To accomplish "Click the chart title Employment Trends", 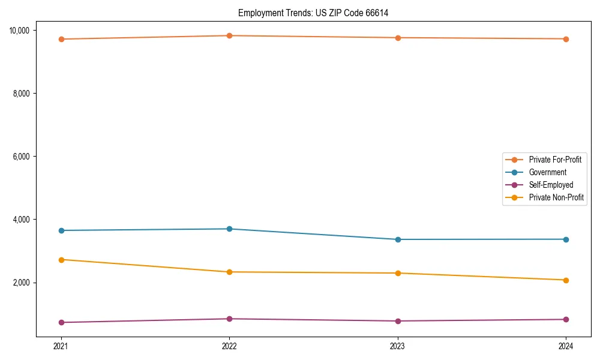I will point(313,13).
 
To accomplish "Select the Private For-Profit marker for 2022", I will point(229,35).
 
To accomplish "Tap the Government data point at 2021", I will point(61,230).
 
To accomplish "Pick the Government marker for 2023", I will point(398,239).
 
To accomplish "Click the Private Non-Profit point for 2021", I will point(61,259).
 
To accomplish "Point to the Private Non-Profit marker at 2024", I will point(566,280).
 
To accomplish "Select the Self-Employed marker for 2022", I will point(229,319).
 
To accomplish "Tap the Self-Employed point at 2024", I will point(566,319).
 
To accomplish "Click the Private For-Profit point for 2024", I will point(566,39).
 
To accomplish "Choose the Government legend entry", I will point(547,172).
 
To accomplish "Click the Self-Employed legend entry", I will point(551,185).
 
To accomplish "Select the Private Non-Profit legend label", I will point(556,197).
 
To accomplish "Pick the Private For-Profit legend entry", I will point(555,160).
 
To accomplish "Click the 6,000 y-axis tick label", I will point(25,157).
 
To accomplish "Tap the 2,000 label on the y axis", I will point(25,283).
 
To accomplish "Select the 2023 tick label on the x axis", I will point(398,346).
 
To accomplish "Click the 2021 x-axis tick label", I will point(61,346).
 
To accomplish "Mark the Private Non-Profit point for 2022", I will point(229,272).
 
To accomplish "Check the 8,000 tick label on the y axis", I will point(25,94).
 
